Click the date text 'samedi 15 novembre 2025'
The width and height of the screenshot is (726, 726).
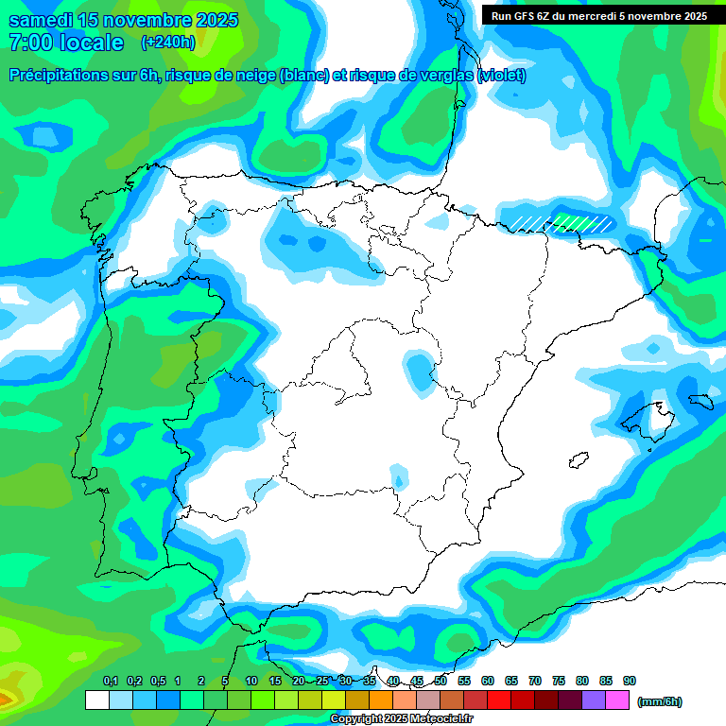(x=123, y=20)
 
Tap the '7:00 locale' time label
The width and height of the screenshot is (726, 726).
(x=66, y=43)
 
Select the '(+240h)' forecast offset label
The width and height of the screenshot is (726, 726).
(x=167, y=43)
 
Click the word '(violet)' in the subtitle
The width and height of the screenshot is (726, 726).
(x=502, y=76)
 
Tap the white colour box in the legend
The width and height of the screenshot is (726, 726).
(x=96, y=700)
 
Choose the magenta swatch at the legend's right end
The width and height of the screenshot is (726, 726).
(x=617, y=700)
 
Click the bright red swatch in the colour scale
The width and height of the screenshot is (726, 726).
(x=499, y=700)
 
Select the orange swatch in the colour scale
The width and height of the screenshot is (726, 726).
(x=381, y=700)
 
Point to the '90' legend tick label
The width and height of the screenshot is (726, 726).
(x=630, y=681)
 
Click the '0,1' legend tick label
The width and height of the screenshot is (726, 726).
(x=111, y=681)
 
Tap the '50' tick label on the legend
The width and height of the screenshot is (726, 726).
(x=441, y=681)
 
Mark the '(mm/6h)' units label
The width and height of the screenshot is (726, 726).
(x=660, y=701)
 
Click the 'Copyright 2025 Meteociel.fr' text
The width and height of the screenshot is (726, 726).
(x=401, y=719)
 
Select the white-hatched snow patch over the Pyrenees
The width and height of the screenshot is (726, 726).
(x=562, y=223)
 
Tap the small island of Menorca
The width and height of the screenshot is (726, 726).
(x=700, y=401)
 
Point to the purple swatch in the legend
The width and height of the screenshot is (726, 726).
(x=594, y=700)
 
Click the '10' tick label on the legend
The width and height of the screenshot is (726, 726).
(x=251, y=681)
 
